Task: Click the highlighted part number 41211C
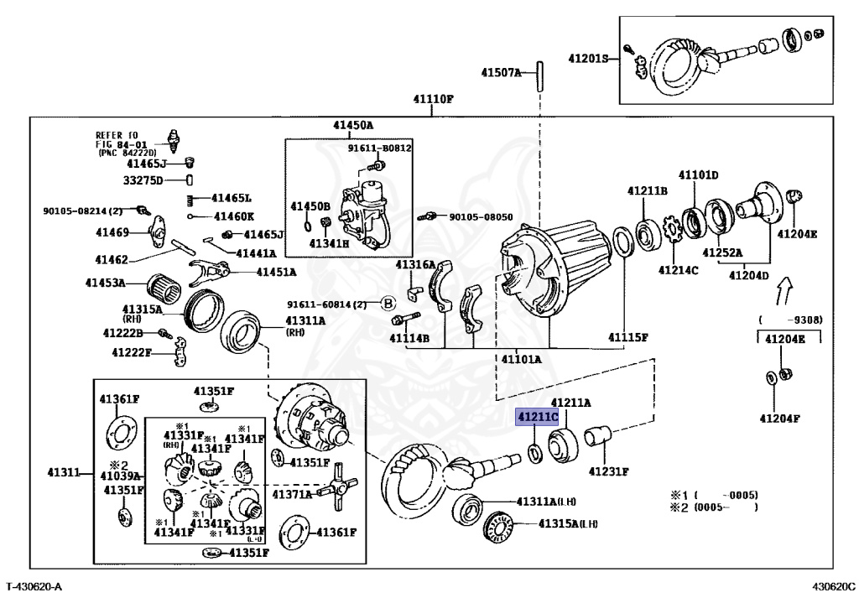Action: click(x=537, y=416)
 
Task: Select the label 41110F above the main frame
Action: click(x=433, y=99)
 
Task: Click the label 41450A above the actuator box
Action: click(x=352, y=125)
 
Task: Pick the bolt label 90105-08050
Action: click(x=480, y=216)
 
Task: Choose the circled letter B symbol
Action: click(x=388, y=304)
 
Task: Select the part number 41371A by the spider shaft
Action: click(x=291, y=494)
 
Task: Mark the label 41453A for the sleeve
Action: click(x=105, y=282)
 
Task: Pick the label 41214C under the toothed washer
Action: click(x=678, y=270)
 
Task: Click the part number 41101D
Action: click(x=698, y=174)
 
